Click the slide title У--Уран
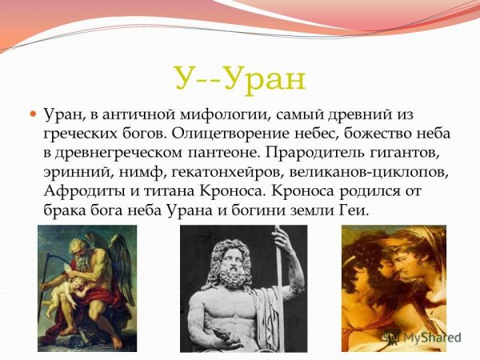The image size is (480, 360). pos(239,78)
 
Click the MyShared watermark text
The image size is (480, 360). pos(432,338)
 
